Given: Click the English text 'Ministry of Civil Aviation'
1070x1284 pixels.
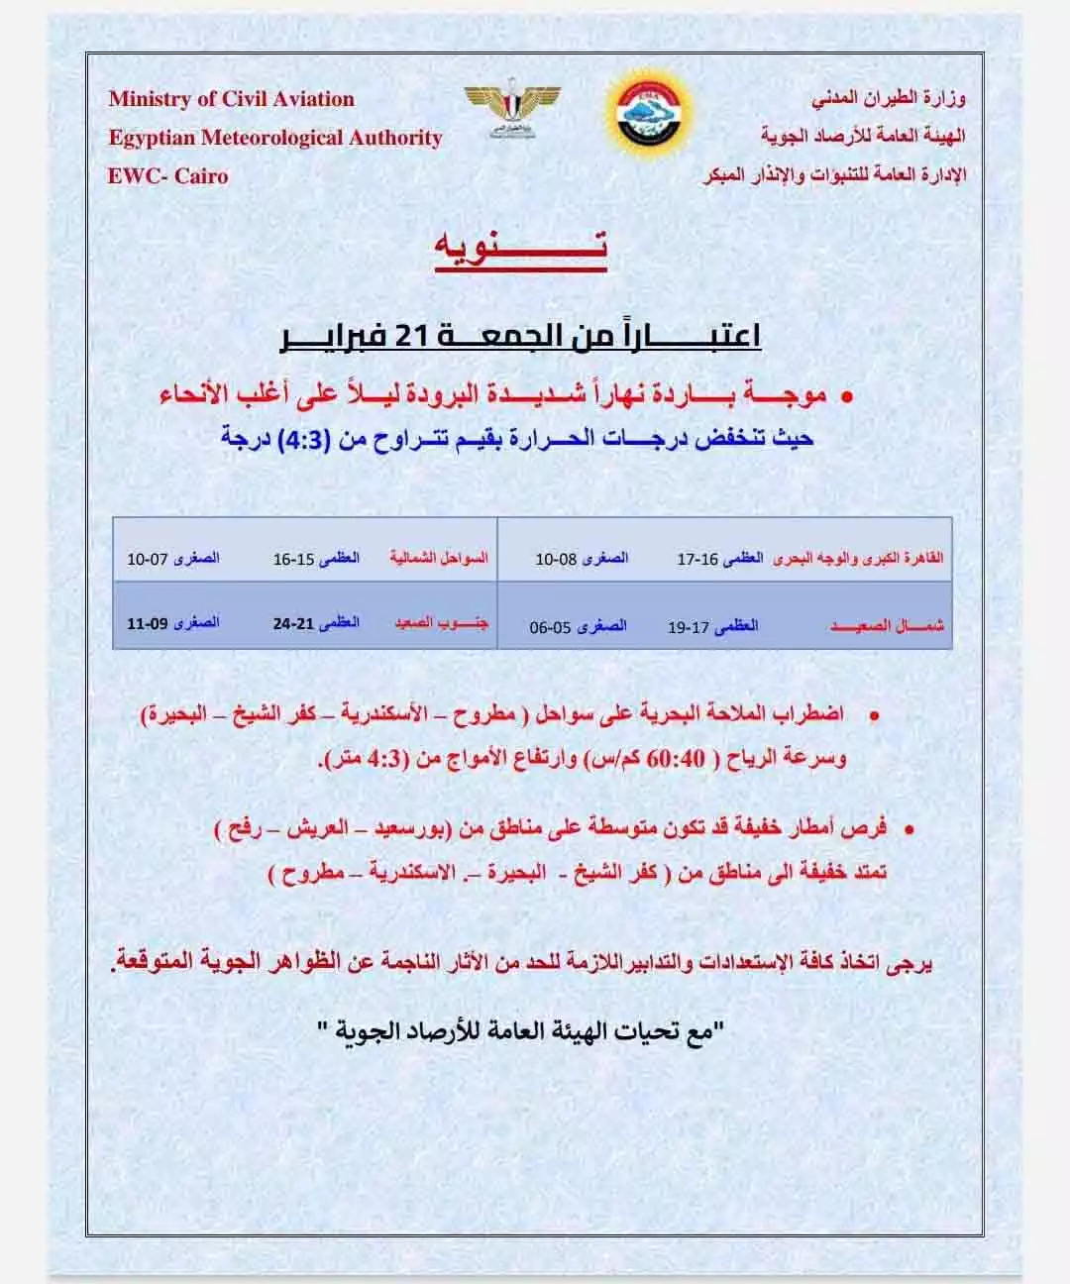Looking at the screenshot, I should (x=231, y=99).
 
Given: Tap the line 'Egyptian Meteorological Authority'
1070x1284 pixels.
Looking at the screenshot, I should (x=274, y=138).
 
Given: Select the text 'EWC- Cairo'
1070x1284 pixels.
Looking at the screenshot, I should (x=167, y=176).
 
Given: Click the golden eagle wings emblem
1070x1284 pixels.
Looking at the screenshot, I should (x=512, y=110).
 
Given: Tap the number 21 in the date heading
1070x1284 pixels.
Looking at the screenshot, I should (x=409, y=337).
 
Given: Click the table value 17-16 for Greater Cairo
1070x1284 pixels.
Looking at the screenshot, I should (x=697, y=560).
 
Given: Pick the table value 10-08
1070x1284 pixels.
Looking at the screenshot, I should (x=556, y=560).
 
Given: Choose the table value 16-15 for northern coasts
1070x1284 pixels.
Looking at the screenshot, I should (x=293, y=560).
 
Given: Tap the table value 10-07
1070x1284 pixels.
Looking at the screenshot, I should (x=147, y=560).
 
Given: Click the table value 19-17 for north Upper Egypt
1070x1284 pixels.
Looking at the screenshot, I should (x=688, y=627).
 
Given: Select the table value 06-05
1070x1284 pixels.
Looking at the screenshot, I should (x=550, y=627).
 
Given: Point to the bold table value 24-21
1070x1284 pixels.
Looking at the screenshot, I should (x=293, y=624).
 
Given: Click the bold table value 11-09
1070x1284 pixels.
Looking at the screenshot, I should (x=147, y=624).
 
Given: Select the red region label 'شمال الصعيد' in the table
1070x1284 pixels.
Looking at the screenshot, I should (x=887, y=626).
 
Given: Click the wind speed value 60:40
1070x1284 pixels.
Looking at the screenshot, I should (x=677, y=760).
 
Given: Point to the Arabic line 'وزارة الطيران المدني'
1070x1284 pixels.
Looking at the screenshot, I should (x=889, y=99).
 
